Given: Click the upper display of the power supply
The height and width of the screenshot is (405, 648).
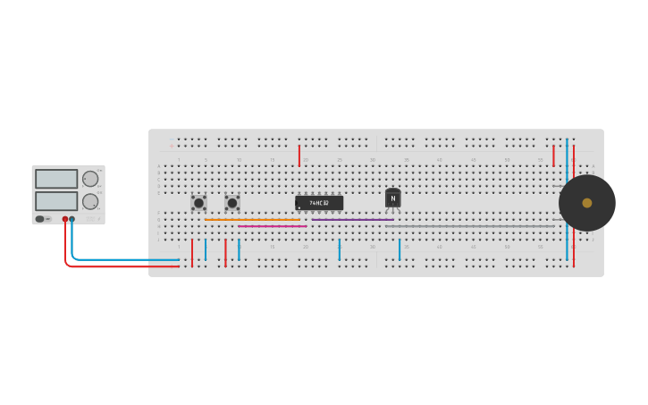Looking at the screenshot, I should click(x=56, y=179).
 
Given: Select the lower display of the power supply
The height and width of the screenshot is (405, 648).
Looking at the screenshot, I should click(x=56, y=200).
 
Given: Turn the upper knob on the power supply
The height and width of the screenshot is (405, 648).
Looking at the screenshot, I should click(x=90, y=179).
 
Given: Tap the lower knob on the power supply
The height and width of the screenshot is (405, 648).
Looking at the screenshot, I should click(x=90, y=201).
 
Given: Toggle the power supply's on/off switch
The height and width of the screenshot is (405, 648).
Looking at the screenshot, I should click(x=40, y=218).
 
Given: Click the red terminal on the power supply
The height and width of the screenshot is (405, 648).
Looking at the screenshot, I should click(x=65, y=219).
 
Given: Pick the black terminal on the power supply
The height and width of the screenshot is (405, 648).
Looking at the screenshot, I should click(x=72, y=219).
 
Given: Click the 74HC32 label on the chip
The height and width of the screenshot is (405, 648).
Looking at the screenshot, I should click(x=319, y=203).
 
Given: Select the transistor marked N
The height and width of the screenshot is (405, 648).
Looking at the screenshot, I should click(x=392, y=198).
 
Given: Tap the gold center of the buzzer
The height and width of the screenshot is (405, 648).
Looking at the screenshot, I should click(x=587, y=203).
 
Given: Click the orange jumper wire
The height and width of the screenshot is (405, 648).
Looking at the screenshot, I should click(x=252, y=219).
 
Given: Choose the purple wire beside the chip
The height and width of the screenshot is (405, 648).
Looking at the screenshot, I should click(x=352, y=219).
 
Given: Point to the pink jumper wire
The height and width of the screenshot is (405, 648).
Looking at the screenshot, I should click(x=272, y=226).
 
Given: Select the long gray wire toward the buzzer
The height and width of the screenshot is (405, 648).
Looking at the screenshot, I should click(x=469, y=226).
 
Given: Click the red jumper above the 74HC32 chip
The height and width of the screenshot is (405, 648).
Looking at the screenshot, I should click(x=299, y=156).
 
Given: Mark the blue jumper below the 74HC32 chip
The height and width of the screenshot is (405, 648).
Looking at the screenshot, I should click(x=340, y=249).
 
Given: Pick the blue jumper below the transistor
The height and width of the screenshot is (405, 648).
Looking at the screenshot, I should click(x=400, y=249).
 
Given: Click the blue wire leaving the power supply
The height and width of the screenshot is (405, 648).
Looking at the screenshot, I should click(x=125, y=259).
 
